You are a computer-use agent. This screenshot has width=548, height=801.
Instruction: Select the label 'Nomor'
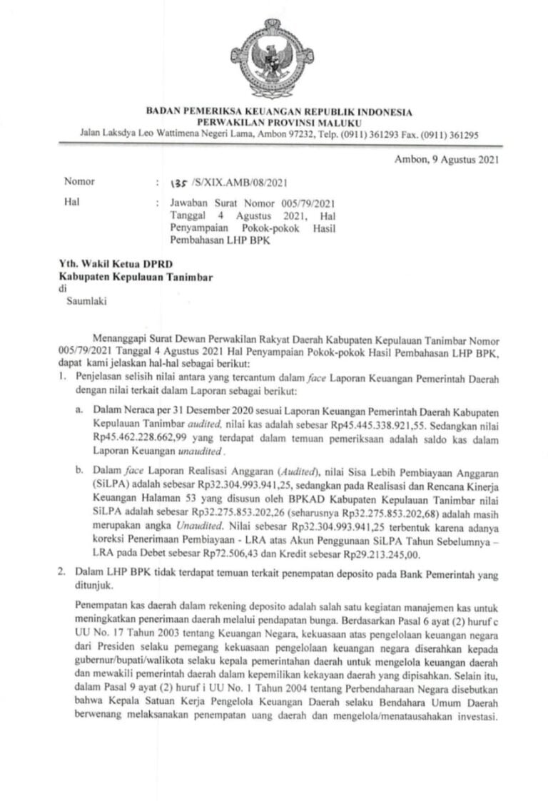click(x=79, y=181)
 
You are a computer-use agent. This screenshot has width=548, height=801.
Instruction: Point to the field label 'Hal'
click(x=70, y=203)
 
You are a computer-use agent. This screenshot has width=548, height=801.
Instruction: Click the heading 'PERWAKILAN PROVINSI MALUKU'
click(x=279, y=122)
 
